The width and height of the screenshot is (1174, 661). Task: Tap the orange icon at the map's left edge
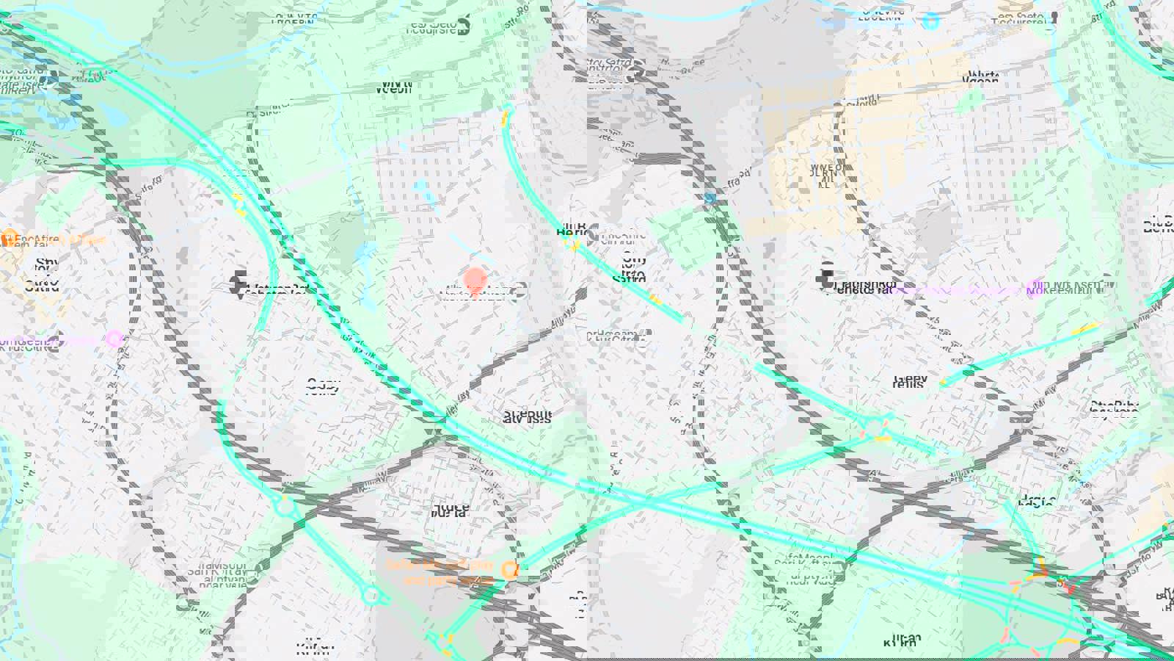[9, 238]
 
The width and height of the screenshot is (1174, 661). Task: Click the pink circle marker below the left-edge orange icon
[114, 339]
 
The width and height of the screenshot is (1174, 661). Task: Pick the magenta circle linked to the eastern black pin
[1037, 285]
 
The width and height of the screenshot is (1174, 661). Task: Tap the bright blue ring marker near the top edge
[930, 21]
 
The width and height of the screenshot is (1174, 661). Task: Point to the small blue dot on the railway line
[710, 198]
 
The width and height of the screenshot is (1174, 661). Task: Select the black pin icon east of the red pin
[826, 276]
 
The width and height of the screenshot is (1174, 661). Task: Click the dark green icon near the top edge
[463, 26]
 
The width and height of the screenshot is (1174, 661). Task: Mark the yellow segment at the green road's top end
[504, 119]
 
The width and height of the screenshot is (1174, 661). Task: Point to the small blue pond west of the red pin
[362, 253]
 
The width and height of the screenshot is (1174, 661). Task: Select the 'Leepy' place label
[911, 381]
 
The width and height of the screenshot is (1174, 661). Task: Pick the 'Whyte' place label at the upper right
[983, 77]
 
